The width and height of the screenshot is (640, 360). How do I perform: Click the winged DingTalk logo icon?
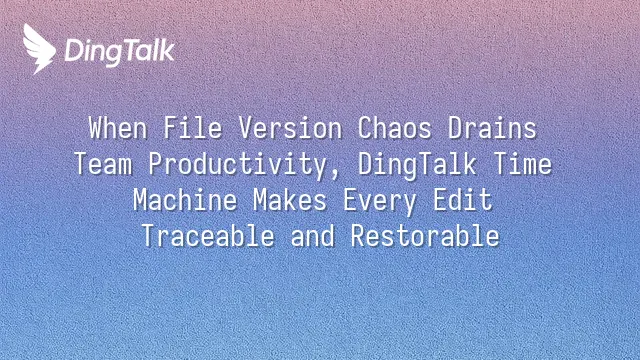[x=38, y=48]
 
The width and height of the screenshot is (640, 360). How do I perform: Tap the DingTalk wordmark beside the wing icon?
[x=120, y=52]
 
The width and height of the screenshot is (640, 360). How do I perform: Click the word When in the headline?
[x=118, y=128]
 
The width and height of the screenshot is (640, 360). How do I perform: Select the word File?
[x=193, y=128]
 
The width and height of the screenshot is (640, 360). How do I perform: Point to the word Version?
[x=290, y=128]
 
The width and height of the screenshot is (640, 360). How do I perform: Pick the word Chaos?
[x=395, y=128]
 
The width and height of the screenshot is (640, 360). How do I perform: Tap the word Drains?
[x=492, y=128]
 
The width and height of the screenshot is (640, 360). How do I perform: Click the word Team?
[x=103, y=164]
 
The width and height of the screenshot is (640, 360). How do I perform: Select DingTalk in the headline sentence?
[x=417, y=166]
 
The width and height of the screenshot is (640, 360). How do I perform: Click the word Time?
[x=523, y=164]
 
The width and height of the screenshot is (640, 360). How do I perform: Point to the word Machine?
[x=185, y=200]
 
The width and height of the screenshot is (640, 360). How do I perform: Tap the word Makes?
[x=290, y=200]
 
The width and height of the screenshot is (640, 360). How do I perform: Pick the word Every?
[x=380, y=202]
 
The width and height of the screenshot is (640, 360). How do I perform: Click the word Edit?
[x=463, y=200]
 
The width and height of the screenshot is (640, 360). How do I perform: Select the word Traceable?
[x=208, y=236]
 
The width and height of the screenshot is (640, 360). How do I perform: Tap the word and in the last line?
[x=313, y=236]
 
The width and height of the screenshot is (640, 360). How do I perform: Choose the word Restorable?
[x=425, y=236]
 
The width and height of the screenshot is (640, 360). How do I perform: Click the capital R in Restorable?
[x=358, y=236]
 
